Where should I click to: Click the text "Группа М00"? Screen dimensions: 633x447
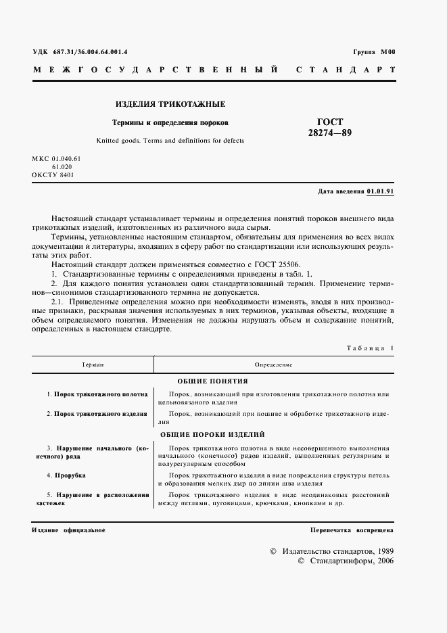(x=373, y=52)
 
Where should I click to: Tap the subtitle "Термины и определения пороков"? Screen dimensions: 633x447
(x=170, y=123)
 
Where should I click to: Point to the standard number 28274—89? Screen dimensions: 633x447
(x=329, y=133)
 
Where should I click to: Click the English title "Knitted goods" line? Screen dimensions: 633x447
(x=170, y=141)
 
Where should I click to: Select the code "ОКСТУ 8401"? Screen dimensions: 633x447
(x=53, y=174)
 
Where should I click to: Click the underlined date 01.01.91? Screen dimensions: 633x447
(x=380, y=191)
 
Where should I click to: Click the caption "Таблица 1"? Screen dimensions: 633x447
(x=369, y=348)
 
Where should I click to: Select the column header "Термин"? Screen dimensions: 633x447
(x=92, y=364)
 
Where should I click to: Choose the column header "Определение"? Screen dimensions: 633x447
(x=274, y=364)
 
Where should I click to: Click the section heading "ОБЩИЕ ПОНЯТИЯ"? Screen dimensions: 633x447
(x=212, y=381)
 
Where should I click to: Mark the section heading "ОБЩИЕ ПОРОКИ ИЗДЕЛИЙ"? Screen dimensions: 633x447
(x=212, y=434)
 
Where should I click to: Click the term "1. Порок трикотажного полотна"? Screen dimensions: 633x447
(x=97, y=393)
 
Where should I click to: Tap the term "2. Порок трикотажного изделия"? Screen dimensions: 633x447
(x=97, y=413)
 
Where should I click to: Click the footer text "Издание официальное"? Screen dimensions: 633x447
(x=68, y=530)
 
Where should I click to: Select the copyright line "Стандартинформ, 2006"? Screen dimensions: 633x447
(x=345, y=561)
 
